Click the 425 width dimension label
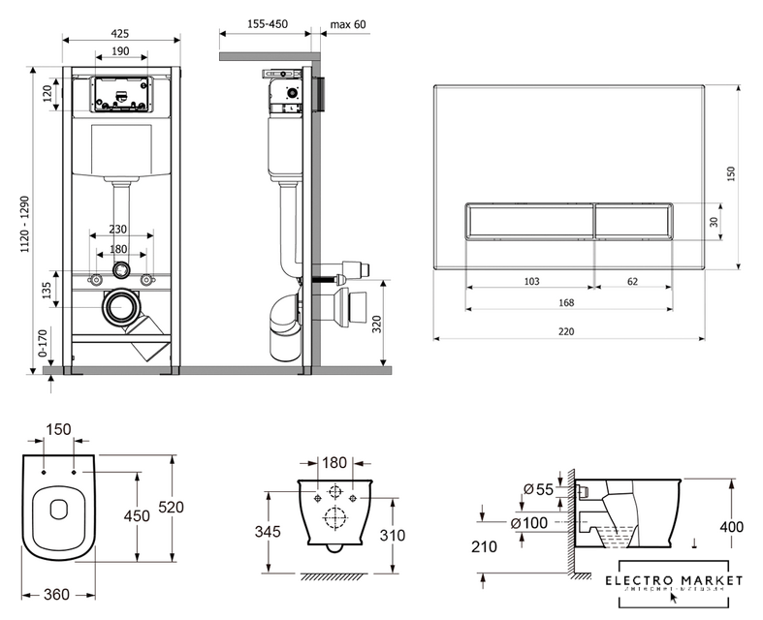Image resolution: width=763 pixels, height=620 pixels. pyautogui.click(x=120, y=33)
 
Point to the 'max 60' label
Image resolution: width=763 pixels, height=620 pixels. pyautogui.click(x=347, y=24)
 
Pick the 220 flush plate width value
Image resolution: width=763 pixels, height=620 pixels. pyautogui.click(x=567, y=330)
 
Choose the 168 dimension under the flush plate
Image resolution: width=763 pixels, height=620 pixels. pyautogui.click(x=567, y=302)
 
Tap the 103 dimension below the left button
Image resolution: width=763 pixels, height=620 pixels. pyautogui.click(x=531, y=281)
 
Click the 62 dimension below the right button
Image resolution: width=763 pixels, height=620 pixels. pyautogui.click(x=632, y=281)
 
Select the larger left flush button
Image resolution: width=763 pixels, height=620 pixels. pyautogui.click(x=528, y=221)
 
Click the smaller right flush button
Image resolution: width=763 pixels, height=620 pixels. pyautogui.click(x=632, y=221)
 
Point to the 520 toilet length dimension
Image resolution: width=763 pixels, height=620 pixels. pyautogui.click(x=171, y=507)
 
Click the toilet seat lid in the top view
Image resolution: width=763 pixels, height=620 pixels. pyautogui.click(x=60, y=511)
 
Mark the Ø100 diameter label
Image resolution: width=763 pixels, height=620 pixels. pyautogui.click(x=535, y=524)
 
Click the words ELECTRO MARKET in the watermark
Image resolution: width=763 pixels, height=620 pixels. pyautogui.click(x=672, y=580)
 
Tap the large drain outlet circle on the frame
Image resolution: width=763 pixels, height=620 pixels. pyautogui.click(x=121, y=308)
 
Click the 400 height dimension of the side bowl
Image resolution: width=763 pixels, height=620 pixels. pyautogui.click(x=733, y=527)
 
